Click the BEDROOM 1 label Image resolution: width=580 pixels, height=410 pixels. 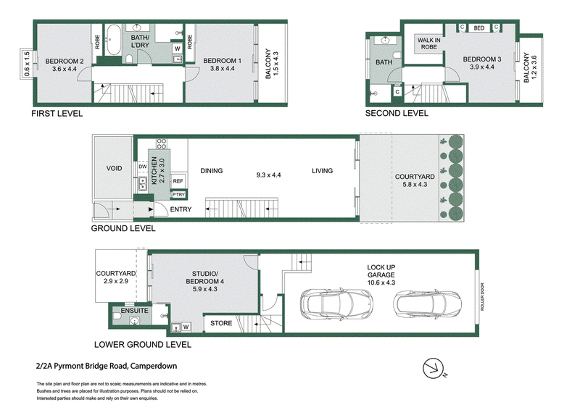[223, 61]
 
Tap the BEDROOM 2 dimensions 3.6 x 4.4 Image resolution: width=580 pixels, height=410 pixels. [65, 69]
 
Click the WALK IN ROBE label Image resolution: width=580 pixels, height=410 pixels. [428, 43]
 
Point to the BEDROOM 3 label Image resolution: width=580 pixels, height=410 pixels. [482, 59]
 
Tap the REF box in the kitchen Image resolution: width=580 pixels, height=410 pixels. [178, 181]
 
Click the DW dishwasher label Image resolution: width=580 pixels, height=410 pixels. [143, 167]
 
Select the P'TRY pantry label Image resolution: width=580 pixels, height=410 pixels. [178, 194]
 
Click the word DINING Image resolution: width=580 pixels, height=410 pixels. [212, 171]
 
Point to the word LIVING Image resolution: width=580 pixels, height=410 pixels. [322, 171]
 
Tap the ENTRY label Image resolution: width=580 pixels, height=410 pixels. [181, 209]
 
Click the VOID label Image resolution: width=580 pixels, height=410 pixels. [114, 168]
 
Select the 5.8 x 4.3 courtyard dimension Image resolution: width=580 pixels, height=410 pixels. [415, 185]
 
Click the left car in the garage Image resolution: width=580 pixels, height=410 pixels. [336, 304]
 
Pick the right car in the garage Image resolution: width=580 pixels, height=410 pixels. [427, 304]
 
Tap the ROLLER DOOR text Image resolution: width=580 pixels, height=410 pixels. [482, 297]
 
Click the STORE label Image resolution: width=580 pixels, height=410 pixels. [221, 323]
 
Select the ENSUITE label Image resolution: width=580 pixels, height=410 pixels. [134, 311]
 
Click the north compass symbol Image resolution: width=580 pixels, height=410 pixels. [434, 369]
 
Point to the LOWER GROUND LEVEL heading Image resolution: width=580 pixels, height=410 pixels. [143, 345]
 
